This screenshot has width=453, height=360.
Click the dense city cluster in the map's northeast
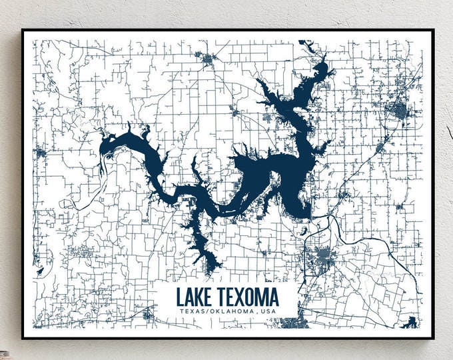click(x=399, y=111)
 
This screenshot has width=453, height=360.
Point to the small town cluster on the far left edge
click(x=40, y=154)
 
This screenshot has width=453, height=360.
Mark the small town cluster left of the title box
click(x=83, y=252)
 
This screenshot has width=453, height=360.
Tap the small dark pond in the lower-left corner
click(x=41, y=271)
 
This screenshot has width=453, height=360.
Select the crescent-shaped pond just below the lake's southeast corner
click(x=304, y=231)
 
